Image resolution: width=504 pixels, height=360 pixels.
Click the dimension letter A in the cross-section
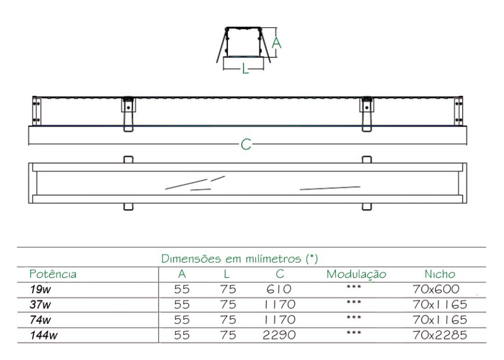[x=276, y=42]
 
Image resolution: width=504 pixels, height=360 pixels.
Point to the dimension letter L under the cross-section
[x=245, y=68]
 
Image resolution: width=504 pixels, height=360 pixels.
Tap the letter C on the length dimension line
[x=246, y=144]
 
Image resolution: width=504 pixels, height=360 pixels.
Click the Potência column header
[x=53, y=274]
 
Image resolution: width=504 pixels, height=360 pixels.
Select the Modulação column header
[x=356, y=274]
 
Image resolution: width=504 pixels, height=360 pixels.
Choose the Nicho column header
[x=440, y=274]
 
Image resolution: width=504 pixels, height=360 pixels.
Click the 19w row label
[x=40, y=289]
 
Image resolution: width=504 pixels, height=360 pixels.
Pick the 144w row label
[x=43, y=335]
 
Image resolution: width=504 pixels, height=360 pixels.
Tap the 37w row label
[x=40, y=304]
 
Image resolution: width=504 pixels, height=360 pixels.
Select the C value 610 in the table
[x=278, y=289]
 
